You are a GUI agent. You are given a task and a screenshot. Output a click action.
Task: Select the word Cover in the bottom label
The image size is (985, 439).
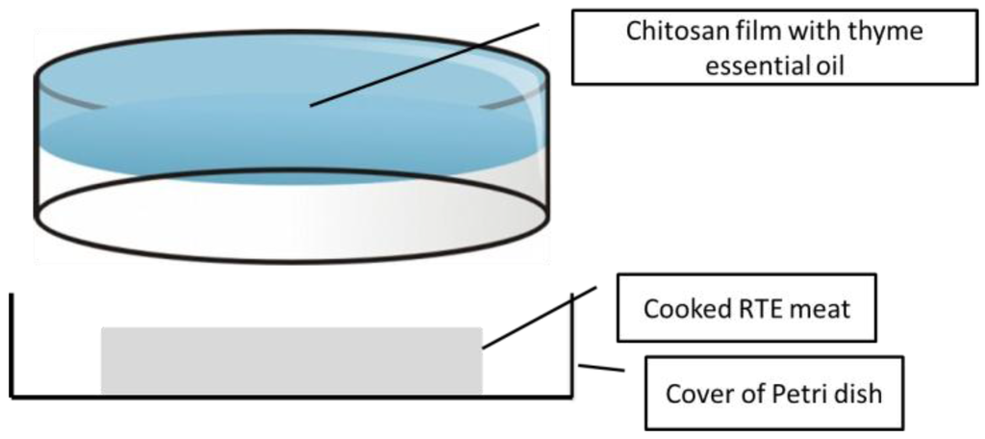tap(696, 393)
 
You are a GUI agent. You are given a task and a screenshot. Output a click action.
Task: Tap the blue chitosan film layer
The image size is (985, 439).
tap(192, 135)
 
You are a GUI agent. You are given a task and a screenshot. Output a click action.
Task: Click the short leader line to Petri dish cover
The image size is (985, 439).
tap(600, 369)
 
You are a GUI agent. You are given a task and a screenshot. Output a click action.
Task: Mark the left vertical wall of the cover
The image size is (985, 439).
tap(12, 347)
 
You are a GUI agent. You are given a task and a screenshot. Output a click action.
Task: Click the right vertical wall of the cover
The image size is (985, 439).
tap(572, 347)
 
